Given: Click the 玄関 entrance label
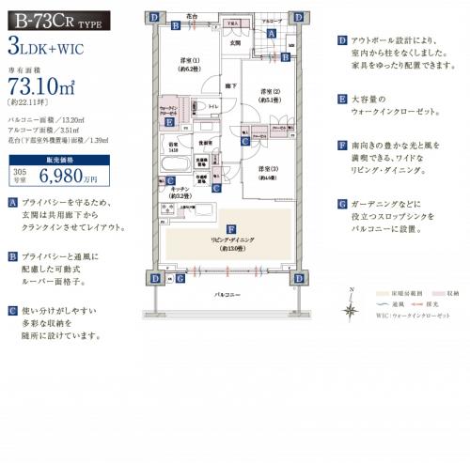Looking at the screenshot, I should [235, 42].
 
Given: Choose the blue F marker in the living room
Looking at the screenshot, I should [230, 229].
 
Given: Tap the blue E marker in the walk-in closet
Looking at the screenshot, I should [168, 122].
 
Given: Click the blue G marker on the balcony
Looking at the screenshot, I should [179, 278].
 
